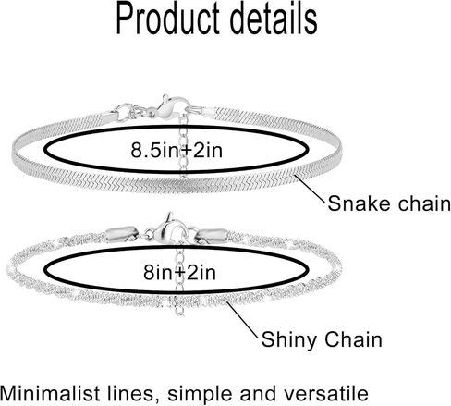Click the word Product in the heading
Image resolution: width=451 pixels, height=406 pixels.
pyautogui.click(x=168, y=19)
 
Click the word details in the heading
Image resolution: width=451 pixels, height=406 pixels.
pyautogui.click(x=274, y=19)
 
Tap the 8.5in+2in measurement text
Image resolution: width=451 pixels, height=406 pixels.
pyautogui.click(x=177, y=151)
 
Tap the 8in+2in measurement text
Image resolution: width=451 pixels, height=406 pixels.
pyautogui.click(x=179, y=273)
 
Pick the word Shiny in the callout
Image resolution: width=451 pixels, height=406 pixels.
pyautogui.click(x=289, y=340)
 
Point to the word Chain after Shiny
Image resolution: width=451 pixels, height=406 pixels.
pyautogui.click(x=354, y=339)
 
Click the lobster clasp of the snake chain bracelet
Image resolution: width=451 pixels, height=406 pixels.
pyautogui.click(x=171, y=107)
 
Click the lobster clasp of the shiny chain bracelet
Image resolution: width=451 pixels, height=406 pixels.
pyautogui.click(x=170, y=229)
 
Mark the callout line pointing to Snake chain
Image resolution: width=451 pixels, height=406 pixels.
pyautogui.click(x=310, y=188)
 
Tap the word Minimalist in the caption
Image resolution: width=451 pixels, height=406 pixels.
pyautogui.click(x=50, y=394)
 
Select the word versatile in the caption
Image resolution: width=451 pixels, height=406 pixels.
pyautogui.click(x=326, y=394)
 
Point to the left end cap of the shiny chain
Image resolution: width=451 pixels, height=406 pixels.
pyautogui.click(x=121, y=235)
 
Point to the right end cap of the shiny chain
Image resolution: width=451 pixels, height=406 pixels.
pyautogui.click(x=212, y=236)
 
